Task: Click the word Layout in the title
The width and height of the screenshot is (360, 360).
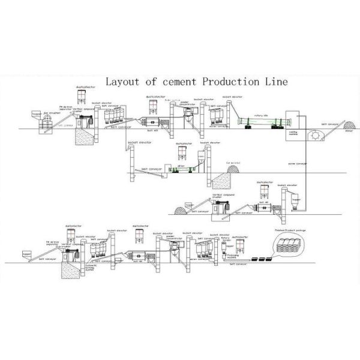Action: pos(122,82)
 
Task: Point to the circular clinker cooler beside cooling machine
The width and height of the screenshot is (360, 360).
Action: pos(315,136)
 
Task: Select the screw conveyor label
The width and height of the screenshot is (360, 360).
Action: pos(298,163)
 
